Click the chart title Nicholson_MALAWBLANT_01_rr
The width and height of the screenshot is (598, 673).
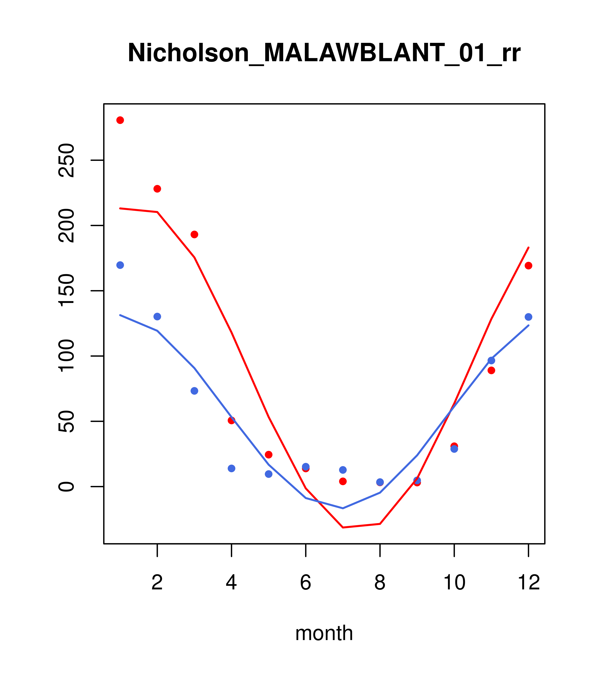324,53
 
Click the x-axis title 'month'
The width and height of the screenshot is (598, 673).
324,633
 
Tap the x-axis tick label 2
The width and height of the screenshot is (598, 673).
157,582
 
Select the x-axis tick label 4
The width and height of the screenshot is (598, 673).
231,582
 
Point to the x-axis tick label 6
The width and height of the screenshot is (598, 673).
306,582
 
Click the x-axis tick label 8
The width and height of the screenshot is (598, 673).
380,582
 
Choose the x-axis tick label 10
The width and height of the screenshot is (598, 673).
454,582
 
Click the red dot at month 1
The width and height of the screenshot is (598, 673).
120,120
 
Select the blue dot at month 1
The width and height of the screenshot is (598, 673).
120,265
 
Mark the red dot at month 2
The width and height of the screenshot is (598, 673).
157,189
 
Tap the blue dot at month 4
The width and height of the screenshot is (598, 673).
231,468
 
